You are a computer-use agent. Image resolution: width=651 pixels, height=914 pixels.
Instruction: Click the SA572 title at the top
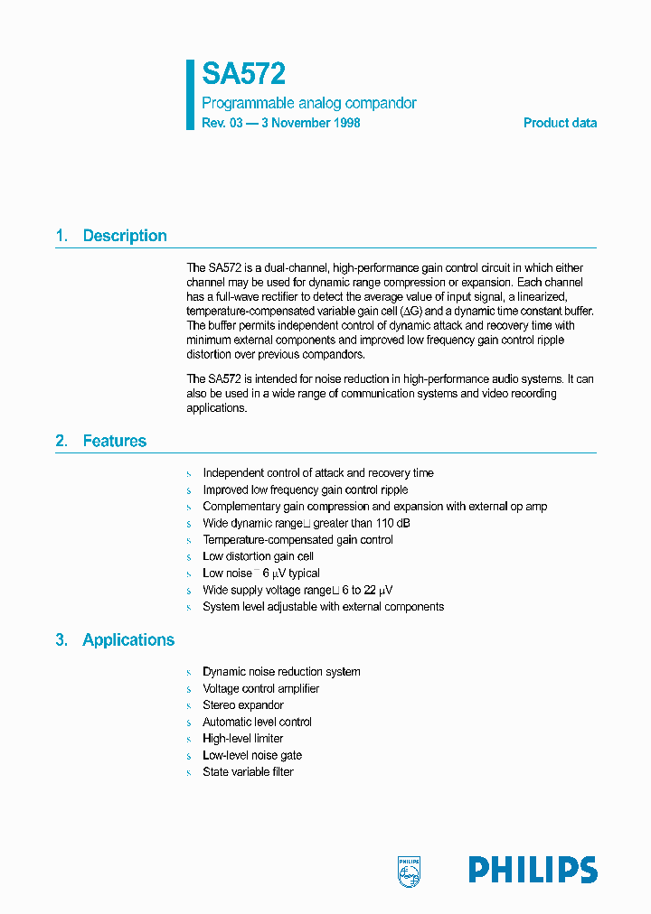(243, 74)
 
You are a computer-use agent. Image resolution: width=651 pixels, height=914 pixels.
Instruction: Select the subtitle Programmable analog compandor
(308, 104)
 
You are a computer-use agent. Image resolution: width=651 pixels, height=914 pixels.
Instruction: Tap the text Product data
(560, 123)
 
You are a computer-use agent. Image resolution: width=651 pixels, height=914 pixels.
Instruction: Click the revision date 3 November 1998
(310, 123)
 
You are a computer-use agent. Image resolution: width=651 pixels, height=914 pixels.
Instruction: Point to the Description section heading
(125, 236)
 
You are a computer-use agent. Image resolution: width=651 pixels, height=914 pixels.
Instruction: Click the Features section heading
(114, 441)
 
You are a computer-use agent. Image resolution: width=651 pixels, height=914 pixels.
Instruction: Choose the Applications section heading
(128, 639)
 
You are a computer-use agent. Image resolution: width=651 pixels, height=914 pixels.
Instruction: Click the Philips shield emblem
(410, 870)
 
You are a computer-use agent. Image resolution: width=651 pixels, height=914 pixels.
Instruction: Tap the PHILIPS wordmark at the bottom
(533, 870)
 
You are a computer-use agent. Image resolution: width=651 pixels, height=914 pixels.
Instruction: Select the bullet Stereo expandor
(242, 705)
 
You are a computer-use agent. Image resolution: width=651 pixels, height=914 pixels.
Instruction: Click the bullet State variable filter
(248, 772)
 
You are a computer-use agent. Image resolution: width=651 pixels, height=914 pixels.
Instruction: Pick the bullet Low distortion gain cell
(258, 556)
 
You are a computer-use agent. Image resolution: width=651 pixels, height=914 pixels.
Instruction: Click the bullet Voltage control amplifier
(260, 688)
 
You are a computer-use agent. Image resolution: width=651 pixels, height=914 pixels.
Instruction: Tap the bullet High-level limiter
(242, 739)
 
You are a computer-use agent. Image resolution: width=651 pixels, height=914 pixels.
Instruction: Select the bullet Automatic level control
(257, 722)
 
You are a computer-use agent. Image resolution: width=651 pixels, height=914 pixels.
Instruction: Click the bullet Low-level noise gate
(252, 755)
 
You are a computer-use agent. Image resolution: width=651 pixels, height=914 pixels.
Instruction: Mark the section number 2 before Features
(61, 441)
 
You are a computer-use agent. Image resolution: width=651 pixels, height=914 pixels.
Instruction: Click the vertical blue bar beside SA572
(191, 95)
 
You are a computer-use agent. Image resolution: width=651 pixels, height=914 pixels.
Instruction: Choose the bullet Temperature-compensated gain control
(297, 540)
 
